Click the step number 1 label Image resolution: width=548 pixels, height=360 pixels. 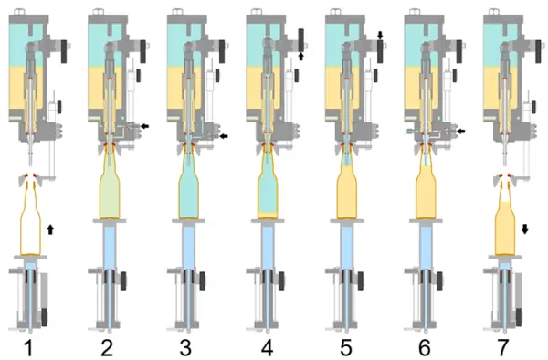click(28, 347)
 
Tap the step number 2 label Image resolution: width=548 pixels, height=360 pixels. click(107, 347)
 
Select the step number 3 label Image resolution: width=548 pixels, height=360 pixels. click(185, 347)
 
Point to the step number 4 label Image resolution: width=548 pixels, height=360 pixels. click(267, 347)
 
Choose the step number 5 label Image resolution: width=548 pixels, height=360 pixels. click(345, 347)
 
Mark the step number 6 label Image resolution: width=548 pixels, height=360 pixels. click(425, 347)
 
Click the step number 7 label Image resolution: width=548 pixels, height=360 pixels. click(502, 347)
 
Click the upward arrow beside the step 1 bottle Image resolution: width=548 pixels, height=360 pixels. click(50, 229)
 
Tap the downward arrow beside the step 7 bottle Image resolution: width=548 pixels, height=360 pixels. click(524, 229)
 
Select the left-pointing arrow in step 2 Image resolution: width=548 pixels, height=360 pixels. click(144, 126)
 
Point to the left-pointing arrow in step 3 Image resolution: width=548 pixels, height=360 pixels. click(224, 136)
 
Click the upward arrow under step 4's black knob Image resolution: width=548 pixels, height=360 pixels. click(301, 57)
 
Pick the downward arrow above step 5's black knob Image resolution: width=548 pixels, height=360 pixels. click(380, 35)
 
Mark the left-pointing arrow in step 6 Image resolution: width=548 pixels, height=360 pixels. click(461, 132)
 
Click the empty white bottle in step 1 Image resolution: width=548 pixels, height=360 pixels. click(30, 219)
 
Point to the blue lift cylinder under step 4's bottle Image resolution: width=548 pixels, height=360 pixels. click(268, 248)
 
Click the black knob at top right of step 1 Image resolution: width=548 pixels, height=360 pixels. click(64, 51)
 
